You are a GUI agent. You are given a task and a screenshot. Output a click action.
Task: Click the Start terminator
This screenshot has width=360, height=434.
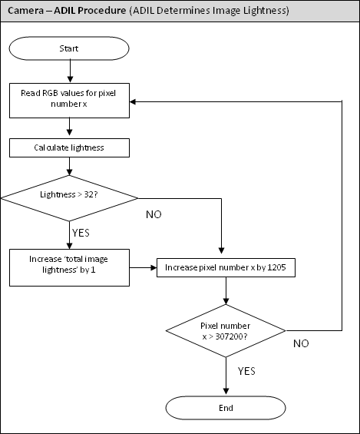click(x=69, y=48)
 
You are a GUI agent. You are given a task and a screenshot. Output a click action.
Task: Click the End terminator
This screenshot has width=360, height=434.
click(x=226, y=408)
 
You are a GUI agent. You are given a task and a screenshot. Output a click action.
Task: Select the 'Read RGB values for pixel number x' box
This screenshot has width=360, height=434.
click(x=69, y=101)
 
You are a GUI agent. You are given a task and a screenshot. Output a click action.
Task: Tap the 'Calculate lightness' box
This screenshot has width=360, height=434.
click(x=69, y=147)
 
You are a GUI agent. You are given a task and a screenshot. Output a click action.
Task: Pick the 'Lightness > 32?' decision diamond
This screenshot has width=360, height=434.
click(x=69, y=198)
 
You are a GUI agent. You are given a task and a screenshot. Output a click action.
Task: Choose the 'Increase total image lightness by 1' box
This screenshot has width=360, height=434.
click(x=69, y=267)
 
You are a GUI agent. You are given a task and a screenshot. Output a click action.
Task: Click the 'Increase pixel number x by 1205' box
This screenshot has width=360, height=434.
click(x=226, y=267)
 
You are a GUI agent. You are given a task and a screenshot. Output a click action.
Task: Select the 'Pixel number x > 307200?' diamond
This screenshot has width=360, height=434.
click(x=226, y=331)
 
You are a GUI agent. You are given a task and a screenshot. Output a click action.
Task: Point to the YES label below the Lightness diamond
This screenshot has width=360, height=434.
click(x=81, y=233)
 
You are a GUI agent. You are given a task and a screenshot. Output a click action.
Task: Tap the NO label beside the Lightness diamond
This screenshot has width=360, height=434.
click(x=154, y=214)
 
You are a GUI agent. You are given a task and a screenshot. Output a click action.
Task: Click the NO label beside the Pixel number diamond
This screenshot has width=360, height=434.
click(x=301, y=343)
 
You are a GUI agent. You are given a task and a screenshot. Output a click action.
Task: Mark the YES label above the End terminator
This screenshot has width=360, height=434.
click(x=246, y=371)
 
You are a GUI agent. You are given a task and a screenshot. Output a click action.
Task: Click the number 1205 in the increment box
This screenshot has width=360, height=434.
click(x=277, y=267)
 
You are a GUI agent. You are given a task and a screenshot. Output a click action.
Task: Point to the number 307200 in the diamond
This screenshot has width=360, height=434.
click(x=229, y=336)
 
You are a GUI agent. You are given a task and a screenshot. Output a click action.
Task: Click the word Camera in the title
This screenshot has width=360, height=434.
click(x=26, y=11)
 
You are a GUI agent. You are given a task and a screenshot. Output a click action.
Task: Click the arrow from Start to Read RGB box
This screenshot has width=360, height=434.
click(x=70, y=71)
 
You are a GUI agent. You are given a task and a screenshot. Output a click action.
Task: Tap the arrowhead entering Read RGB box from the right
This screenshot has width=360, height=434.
click(x=133, y=102)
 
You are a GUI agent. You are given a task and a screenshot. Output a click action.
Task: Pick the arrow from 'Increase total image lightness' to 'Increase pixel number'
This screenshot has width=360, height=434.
click(x=143, y=267)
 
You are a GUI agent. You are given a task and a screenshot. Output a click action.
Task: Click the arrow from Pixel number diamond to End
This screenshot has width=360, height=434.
click(x=226, y=376)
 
